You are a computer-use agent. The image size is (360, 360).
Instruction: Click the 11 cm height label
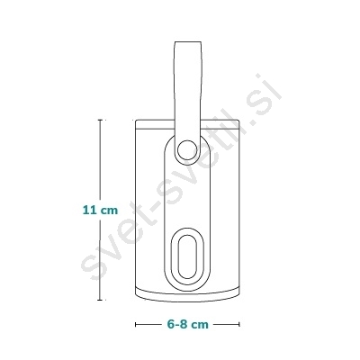pos(100,210)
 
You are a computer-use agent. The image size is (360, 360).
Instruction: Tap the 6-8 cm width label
pos(187,324)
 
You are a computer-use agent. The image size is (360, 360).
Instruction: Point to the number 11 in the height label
pos(90,210)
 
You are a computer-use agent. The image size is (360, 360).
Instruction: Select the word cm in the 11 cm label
pos(109,211)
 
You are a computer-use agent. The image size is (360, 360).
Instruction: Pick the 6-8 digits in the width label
pos(178,324)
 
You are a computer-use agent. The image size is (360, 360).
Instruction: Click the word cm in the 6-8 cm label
pos(200,325)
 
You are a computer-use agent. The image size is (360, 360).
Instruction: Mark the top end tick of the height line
pos(100,120)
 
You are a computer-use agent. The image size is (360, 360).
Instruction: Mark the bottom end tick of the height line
pos(100,300)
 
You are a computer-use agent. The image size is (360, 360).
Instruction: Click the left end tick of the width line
pos(136,324)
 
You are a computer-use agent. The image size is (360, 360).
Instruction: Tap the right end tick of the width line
pos(239,324)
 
